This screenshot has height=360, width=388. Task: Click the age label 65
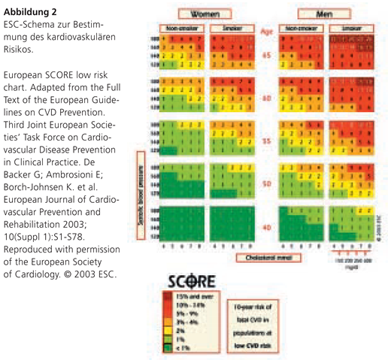[x=265, y=56]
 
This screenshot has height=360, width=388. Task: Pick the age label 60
[x=265, y=98]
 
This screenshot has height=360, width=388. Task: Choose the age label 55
[x=265, y=141]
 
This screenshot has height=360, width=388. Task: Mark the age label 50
[x=265, y=183]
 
